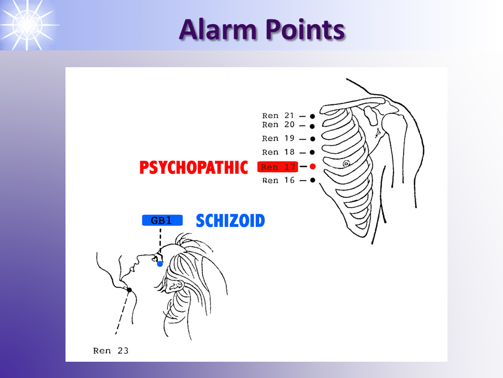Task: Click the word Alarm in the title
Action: (218, 29)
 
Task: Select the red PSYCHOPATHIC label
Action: (194, 167)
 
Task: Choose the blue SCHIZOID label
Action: (231, 221)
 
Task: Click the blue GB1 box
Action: (162, 220)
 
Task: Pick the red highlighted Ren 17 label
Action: (278, 167)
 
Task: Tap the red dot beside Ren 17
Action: (312, 166)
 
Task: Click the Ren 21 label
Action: (278, 115)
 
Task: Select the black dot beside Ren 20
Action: (312, 127)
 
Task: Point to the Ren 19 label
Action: (278, 139)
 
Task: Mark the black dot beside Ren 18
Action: (312, 152)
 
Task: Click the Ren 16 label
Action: (278, 180)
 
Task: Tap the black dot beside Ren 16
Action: (312, 180)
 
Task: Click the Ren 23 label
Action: (111, 351)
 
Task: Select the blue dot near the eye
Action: (160, 264)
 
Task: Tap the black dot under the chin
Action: (129, 290)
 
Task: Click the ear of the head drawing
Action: (177, 285)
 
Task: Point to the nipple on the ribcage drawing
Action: (346, 164)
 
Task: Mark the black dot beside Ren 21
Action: (312, 117)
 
